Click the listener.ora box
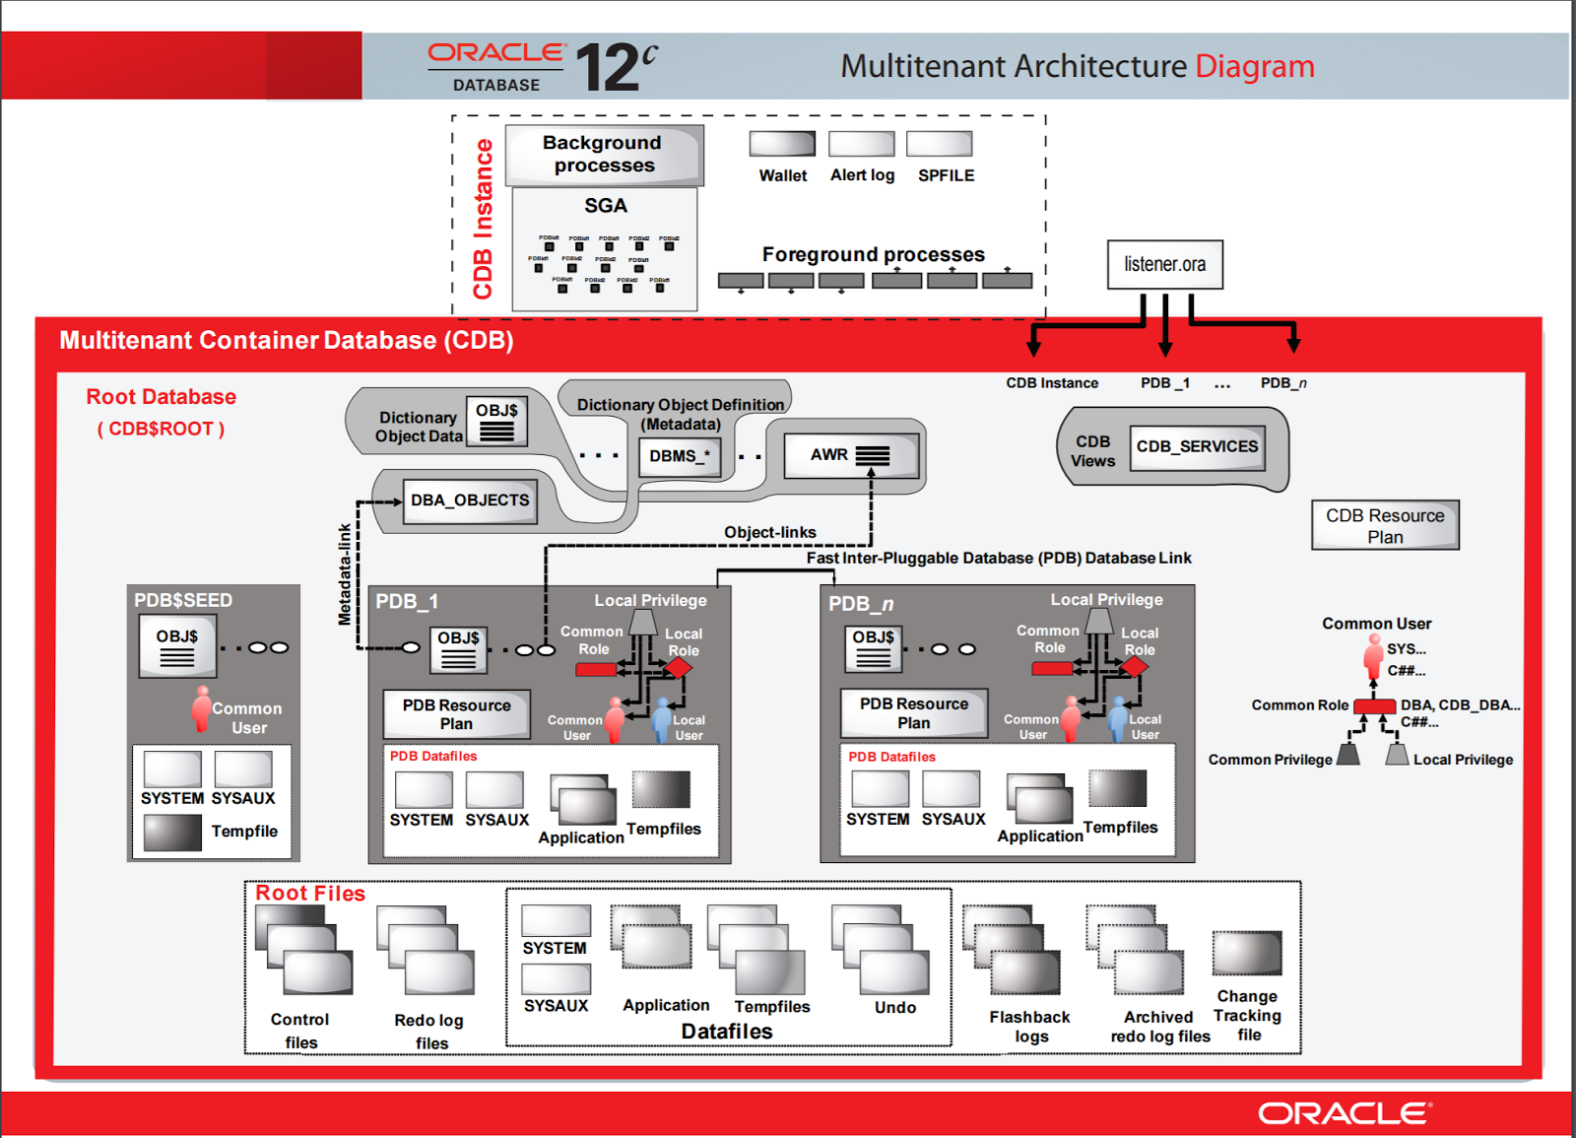pos(1164,265)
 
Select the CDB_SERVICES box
pos(1197,447)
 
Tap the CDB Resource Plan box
pos(1384,525)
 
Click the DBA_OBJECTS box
pos(470,501)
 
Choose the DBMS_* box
pos(679,456)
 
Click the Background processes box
pos(604,155)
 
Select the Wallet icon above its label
pos(782,144)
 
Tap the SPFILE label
pos(946,175)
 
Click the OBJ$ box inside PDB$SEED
pos(177,646)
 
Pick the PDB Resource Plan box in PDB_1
pos(456,714)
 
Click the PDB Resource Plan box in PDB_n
pos(913,713)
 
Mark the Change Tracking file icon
pos(1247,954)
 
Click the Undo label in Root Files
pos(894,1007)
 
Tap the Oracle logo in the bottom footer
pos(1345,1113)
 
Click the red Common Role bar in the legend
pos(1374,705)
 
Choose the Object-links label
pos(769,533)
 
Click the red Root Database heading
pos(162,397)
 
